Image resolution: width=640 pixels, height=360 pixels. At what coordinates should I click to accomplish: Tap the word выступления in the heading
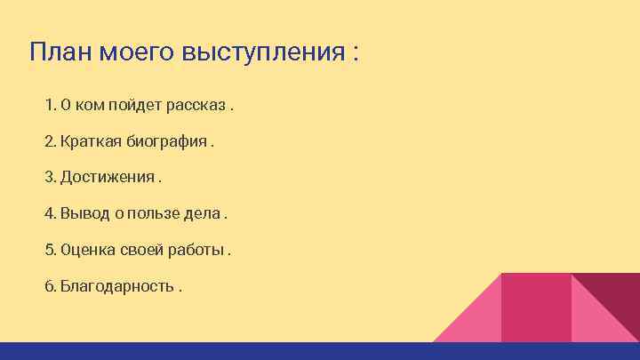260,52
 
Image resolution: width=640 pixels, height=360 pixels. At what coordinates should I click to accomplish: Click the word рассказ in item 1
200,106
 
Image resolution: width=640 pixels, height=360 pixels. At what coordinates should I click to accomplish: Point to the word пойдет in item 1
139,106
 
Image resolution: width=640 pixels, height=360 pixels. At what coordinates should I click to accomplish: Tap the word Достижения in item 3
107,178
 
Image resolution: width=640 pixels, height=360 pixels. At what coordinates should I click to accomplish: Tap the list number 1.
49,106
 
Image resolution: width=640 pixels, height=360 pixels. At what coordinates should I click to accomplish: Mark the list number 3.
50,178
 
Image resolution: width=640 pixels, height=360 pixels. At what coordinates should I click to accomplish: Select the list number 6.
50,286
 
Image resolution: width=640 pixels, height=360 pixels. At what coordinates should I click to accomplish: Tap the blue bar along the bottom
320,351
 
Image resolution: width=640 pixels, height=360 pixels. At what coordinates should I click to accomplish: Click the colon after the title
356,53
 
